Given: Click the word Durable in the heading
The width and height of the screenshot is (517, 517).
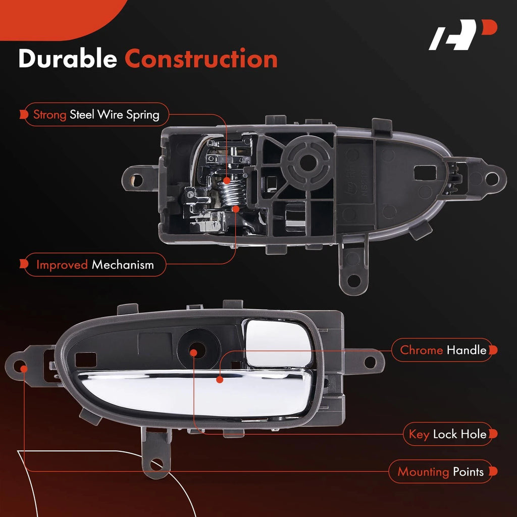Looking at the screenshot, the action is (68, 59).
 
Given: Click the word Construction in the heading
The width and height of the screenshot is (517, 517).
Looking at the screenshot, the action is (201, 59).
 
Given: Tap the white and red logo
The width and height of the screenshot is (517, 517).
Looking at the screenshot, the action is (462, 35).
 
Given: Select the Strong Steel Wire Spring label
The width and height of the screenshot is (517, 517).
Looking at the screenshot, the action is (96, 115).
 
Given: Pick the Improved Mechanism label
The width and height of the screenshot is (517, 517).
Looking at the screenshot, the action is (95, 265).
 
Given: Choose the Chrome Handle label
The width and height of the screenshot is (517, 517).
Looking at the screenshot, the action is (443, 350).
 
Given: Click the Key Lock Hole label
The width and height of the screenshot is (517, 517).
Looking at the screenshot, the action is (447, 434).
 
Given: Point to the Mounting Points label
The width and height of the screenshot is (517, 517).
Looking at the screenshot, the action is (440, 472).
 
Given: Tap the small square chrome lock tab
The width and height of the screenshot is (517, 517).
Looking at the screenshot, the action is (279, 343).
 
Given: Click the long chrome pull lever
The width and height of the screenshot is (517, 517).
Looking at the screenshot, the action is (194, 392).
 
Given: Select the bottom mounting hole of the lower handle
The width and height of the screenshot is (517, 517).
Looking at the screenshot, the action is (157, 464).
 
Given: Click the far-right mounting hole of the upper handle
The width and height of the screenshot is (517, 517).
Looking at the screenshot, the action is (492, 179).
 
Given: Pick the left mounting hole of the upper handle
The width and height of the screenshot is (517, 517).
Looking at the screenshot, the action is (136, 180).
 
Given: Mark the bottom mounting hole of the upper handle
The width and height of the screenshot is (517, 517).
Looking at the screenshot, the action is (353, 281).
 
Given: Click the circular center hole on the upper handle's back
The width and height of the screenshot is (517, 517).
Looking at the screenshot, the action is (307, 162).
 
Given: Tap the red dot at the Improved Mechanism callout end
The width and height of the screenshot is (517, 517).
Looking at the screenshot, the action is (235, 209).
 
